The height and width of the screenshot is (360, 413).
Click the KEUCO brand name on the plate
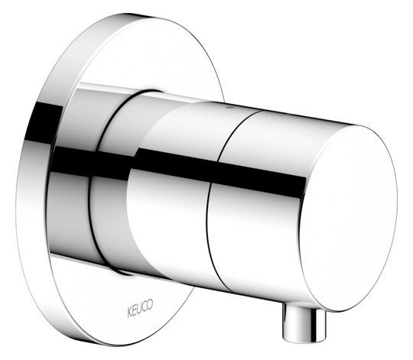[140, 309]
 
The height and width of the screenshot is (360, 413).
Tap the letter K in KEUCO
[130, 313]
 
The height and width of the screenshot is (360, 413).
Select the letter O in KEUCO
[150, 304]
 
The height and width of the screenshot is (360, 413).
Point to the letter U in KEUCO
[140, 309]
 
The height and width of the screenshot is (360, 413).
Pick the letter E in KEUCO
[135, 311]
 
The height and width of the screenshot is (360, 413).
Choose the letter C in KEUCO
[145, 306]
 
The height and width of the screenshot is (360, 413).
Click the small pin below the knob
[304, 323]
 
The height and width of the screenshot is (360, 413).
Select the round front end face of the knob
[348, 219]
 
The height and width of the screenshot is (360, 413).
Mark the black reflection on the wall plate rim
[44, 124]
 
